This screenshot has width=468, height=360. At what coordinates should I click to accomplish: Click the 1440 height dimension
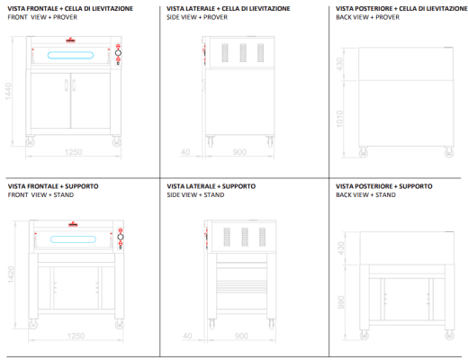[8, 91]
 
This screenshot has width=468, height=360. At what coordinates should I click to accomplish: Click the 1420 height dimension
[11, 274]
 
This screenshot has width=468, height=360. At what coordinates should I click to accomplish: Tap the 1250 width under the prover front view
[74, 152]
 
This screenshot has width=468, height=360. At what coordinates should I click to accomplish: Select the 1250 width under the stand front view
[76, 336]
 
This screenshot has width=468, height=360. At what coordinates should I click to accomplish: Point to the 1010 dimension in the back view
[339, 119]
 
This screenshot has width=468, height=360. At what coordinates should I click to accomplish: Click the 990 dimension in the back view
[341, 302]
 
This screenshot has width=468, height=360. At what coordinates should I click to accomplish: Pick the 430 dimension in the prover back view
[339, 64]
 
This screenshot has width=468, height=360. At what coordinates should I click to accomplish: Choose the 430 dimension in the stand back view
[341, 248]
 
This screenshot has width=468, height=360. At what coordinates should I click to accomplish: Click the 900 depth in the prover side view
[239, 152]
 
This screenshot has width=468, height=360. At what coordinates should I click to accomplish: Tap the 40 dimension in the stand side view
[187, 336]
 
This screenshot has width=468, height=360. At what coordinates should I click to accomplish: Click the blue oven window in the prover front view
[70, 55]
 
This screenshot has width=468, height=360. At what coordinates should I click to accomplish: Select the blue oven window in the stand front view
[73, 239]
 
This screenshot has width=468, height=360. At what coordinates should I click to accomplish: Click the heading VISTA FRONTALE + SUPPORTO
[53, 186]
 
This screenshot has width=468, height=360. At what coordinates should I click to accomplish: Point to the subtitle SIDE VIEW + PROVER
[197, 17]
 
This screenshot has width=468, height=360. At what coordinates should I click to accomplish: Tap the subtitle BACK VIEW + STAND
[365, 195]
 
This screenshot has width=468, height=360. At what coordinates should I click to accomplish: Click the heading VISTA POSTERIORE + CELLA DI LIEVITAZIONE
[401, 9]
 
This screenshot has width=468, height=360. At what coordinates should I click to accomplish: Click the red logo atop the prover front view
[70, 40]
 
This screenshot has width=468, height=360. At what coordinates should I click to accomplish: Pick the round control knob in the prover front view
[118, 53]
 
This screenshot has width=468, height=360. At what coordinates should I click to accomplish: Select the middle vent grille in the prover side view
[243, 53]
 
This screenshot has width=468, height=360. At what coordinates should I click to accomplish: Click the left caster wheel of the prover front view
[30, 142]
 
